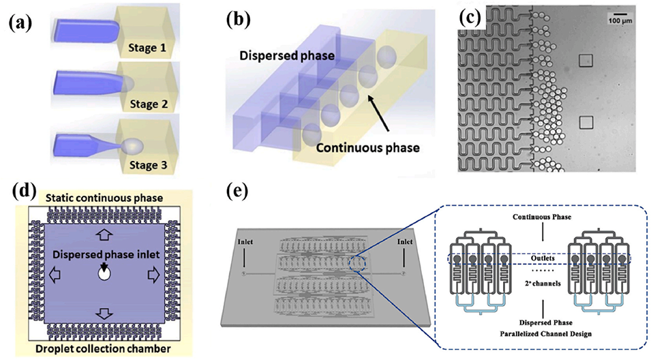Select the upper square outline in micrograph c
tap(584, 62)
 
